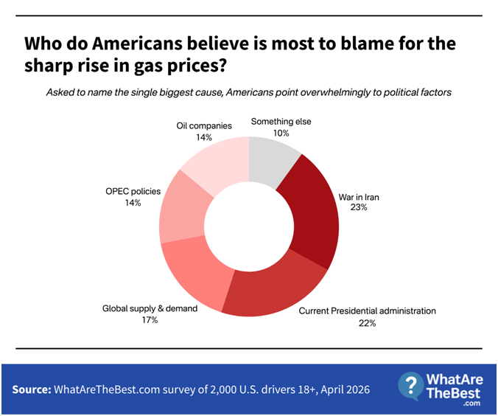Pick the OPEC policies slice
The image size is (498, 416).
[x=180, y=207]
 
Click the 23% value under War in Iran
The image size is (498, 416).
[x=359, y=208]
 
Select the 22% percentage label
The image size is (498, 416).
[x=367, y=324]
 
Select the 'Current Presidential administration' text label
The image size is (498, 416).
[x=367, y=311]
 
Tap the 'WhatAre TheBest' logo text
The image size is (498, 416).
[x=456, y=385]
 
